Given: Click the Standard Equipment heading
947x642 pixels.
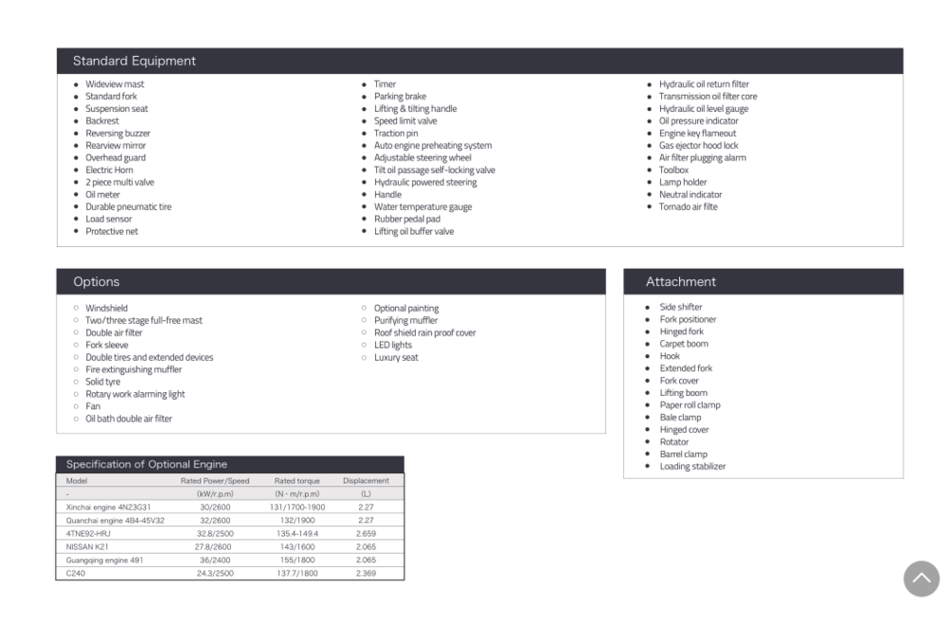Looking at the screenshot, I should (134, 62).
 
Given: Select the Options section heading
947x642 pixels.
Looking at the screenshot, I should (97, 282).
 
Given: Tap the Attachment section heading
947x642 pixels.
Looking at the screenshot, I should (681, 282).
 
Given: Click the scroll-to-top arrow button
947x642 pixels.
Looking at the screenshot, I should (921, 579).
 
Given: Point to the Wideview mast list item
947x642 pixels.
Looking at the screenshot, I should (115, 84).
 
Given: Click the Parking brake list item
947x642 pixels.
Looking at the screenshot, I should (400, 97).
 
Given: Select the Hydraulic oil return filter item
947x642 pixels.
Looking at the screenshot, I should (704, 84).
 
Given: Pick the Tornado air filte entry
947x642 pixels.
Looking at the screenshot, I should (688, 206).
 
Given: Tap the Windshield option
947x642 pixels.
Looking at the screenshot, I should (106, 308).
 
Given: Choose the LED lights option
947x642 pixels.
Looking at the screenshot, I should (393, 345).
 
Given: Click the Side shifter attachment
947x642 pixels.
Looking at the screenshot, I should (681, 307).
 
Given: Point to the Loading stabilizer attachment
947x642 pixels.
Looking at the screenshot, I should (692, 466).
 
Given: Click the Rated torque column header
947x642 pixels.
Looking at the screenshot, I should (296, 481).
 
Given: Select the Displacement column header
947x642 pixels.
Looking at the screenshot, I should (366, 481).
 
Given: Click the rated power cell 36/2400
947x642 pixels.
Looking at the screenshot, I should (215, 560).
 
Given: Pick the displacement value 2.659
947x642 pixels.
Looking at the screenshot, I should (366, 533).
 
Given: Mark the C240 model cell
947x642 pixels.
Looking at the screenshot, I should (75, 573).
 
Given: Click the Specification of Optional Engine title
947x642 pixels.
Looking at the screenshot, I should (147, 464).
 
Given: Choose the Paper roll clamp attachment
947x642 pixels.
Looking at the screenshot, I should (689, 405).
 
